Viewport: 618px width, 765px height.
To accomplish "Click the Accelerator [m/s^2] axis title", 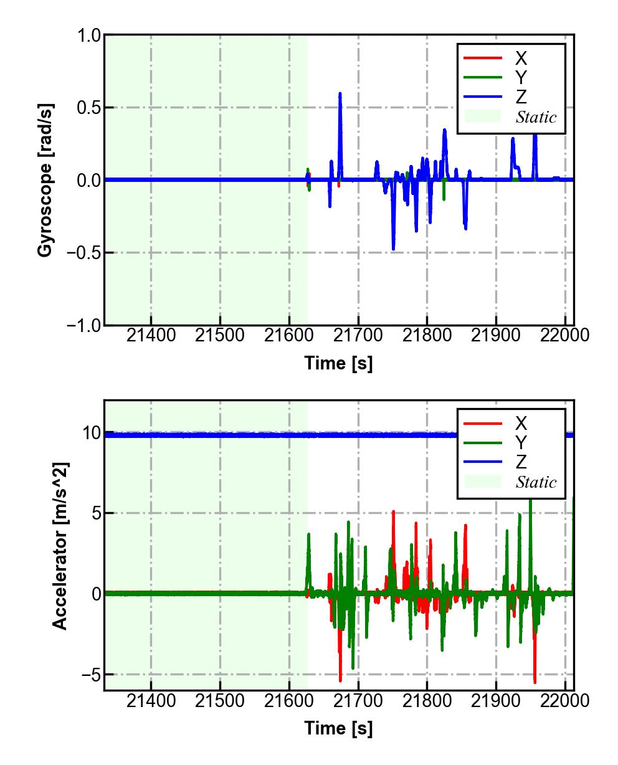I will (60, 546).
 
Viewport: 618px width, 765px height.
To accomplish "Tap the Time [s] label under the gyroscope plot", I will (338, 363).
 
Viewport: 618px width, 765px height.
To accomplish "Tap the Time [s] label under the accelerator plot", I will (338, 728).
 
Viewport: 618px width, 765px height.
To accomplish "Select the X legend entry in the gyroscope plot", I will (521, 59).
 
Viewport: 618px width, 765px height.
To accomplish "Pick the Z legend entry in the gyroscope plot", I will (521, 97).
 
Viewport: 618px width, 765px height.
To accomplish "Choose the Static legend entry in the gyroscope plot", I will (536, 116).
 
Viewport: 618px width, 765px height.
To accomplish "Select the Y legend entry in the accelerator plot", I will (521, 442).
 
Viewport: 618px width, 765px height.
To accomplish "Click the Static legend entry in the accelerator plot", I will (536, 482).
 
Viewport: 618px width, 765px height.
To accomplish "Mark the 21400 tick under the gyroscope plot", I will (151, 336).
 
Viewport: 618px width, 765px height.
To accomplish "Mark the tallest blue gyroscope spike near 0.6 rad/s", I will (340, 93).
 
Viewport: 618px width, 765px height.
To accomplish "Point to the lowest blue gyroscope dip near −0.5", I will (393, 249).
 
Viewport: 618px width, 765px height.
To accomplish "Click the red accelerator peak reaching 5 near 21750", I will (393, 512).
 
